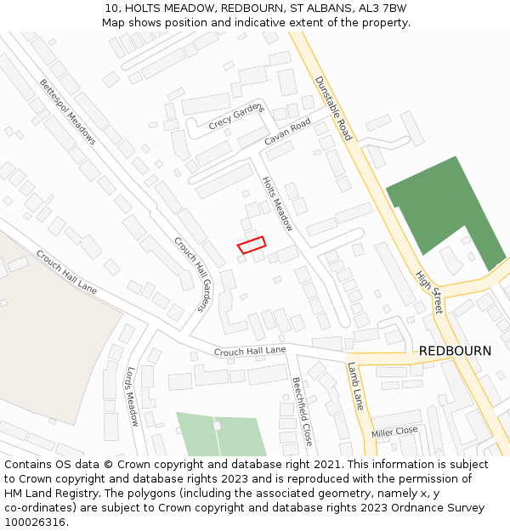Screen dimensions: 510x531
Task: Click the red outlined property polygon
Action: pos(251,245)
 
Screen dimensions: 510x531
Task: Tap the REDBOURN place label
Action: pos(455,351)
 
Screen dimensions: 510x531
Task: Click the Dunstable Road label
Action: pos(333,109)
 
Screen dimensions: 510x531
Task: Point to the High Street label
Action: pos(428,292)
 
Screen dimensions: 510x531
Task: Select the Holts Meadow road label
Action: pos(277,204)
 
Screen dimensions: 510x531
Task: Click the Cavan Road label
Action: pos(287,133)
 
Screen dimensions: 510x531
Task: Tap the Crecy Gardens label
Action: pos(236,116)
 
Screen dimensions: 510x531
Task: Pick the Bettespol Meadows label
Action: pos(68,111)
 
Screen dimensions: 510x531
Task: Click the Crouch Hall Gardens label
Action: pos(192,274)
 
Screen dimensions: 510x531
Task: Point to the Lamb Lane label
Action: pos(355,387)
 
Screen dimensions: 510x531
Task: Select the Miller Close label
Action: pos(394,432)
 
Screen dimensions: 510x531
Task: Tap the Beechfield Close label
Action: pos(303,412)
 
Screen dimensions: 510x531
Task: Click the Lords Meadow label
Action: pos(132,396)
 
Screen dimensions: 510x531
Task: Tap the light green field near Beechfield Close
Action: pos(221,434)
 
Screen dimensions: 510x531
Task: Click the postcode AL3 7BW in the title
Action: pos(384,8)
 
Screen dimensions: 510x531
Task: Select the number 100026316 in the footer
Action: pos(35,522)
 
